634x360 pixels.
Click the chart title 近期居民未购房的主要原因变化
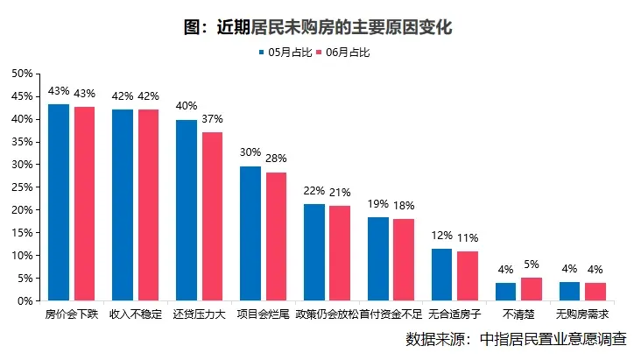point(317,27)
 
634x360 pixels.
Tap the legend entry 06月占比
point(347,53)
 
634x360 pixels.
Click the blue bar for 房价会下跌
point(59,202)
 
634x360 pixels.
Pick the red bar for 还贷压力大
point(213,216)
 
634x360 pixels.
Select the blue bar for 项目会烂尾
point(250,234)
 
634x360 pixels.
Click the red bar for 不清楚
point(532,289)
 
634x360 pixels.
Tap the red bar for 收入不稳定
point(149,205)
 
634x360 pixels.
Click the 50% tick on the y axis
point(22,74)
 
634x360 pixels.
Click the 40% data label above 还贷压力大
point(187,106)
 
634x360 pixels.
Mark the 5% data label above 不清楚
point(532,265)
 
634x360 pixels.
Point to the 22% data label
point(314,190)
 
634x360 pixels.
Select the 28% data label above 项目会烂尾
point(277,159)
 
